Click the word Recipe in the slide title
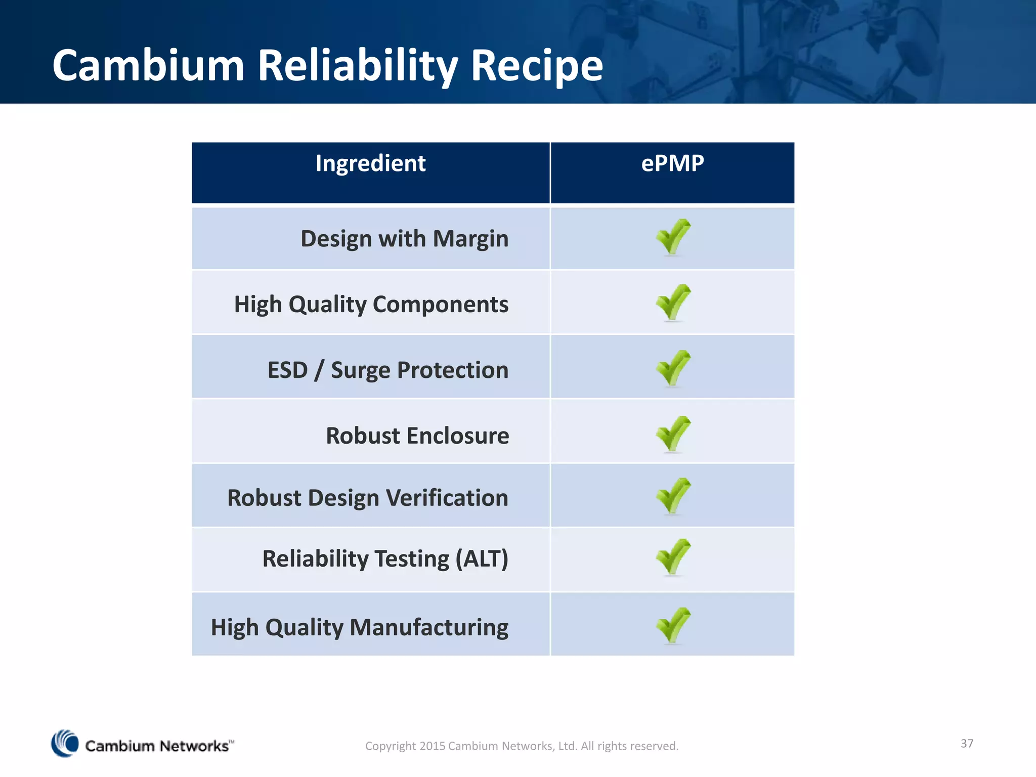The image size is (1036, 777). point(537,66)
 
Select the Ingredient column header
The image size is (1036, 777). point(370,163)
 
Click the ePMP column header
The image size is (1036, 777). point(672,163)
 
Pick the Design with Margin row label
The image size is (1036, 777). point(404,239)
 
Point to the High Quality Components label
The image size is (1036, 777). point(371,305)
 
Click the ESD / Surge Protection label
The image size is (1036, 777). point(387,370)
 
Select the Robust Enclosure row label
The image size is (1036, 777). point(417,436)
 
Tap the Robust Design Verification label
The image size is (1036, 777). point(368,498)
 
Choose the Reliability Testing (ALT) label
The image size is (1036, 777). point(385,559)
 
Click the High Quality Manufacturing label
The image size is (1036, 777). point(360,627)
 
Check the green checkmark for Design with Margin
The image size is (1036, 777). point(673,237)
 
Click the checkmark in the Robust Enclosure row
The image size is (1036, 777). point(673,434)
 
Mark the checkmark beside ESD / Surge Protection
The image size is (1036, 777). point(673,368)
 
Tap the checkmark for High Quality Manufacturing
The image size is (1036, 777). point(673,625)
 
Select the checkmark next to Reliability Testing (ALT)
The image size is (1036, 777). point(673,556)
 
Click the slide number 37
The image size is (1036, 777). point(967,743)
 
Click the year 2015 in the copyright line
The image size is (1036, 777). point(432,746)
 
